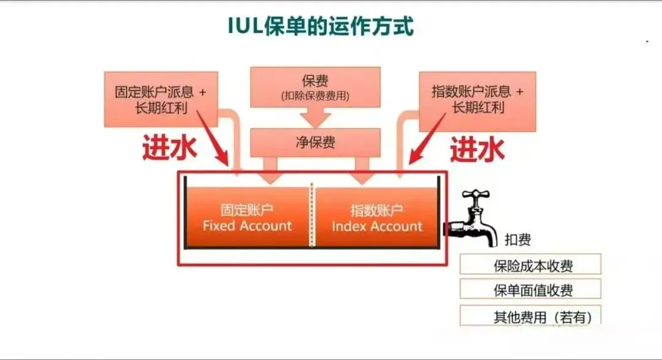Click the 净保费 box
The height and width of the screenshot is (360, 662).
(x=315, y=143)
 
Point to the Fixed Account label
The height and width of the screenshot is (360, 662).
(x=247, y=226)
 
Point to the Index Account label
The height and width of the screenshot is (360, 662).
(x=377, y=226)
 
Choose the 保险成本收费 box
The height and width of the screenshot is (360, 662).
(x=530, y=266)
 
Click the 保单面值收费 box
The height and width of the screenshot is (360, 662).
(x=530, y=289)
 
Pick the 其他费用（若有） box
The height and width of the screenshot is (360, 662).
(x=530, y=316)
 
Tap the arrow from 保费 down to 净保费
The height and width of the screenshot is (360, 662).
(x=315, y=118)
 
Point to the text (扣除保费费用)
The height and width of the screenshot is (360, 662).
(x=315, y=96)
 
